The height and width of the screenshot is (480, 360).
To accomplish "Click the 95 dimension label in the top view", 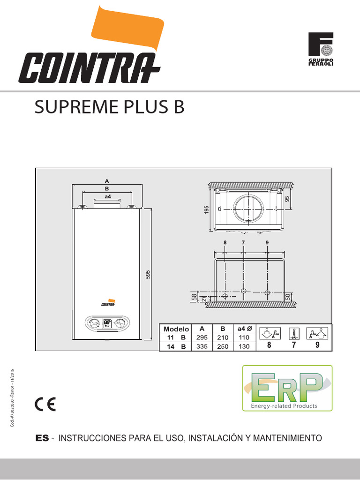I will pos(287,199).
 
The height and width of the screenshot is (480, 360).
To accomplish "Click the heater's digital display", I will pos(107,323).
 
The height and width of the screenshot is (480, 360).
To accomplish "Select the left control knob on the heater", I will pos(93,323).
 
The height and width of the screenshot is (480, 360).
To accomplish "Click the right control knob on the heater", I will pos(121,323).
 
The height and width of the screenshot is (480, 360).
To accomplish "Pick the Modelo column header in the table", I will pos(176,329).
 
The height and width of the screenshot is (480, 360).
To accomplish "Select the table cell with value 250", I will pos(222,346).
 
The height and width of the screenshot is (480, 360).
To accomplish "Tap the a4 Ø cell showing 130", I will pos(245,346).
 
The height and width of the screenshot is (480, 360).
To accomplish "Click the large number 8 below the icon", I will pos(269,346).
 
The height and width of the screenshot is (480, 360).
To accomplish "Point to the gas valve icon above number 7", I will pos(294,333).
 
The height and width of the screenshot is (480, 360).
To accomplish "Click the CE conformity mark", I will pos(45,404).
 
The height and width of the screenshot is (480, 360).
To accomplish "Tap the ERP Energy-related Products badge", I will pos(287,388).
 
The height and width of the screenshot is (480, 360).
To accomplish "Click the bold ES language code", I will pos(42,438).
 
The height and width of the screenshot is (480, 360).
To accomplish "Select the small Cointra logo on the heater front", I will pos(107,303).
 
